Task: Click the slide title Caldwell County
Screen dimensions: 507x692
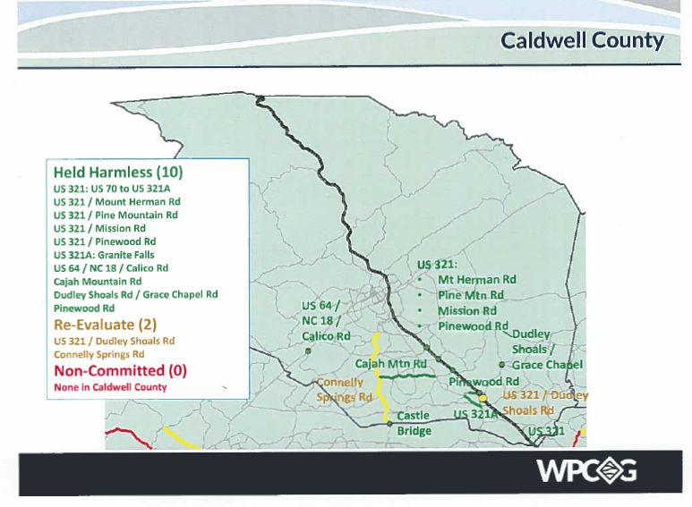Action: pyautogui.click(x=582, y=40)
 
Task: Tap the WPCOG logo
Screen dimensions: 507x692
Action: pyautogui.click(x=586, y=469)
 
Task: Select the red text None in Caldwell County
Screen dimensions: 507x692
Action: pyautogui.click(x=110, y=387)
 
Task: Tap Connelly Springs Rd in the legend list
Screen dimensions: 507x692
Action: pyautogui.click(x=100, y=354)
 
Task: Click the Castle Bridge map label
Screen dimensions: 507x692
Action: pyautogui.click(x=413, y=423)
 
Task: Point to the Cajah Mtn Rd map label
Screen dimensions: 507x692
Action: pyautogui.click(x=390, y=364)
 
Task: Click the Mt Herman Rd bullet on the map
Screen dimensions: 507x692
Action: pyautogui.click(x=476, y=280)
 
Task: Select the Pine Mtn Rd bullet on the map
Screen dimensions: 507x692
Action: pyautogui.click(x=470, y=295)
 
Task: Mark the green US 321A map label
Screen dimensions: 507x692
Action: pyautogui.click(x=475, y=415)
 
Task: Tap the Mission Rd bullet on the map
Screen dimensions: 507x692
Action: pyautogui.click(x=466, y=311)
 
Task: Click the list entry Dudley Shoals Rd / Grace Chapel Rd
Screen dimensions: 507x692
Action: pyautogui.click(x=135, y=294)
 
